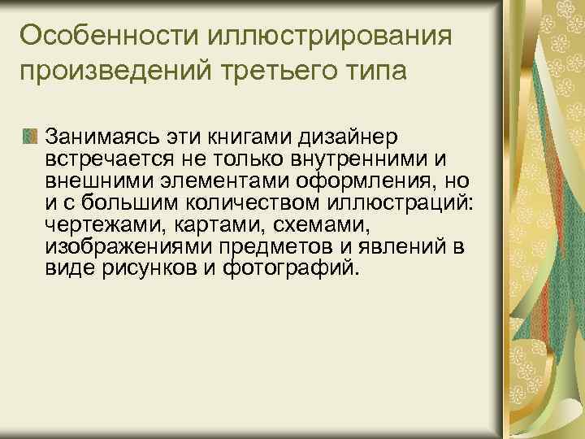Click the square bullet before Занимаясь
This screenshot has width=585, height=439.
(31, 133)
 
